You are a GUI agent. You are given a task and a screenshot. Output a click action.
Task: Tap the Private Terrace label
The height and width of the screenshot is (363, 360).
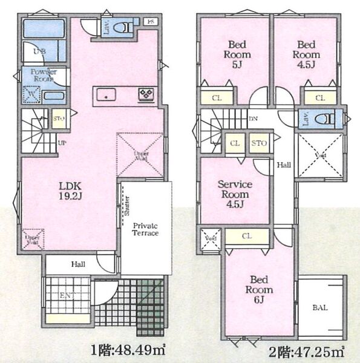[145, 229]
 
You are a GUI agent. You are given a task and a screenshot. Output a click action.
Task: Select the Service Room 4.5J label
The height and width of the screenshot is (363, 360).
[235, 194]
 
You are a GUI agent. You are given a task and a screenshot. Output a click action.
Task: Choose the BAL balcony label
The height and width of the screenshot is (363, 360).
[321, 308]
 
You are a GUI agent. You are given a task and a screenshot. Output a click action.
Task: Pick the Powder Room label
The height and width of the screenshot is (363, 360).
[44, 75]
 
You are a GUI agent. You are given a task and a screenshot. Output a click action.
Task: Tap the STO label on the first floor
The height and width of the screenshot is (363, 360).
[59, 119]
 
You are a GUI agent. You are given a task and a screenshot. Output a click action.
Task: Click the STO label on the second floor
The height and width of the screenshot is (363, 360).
[258, 143]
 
